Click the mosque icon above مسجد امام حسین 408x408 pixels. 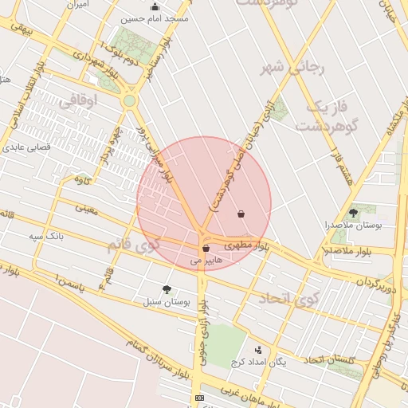coord(155,7)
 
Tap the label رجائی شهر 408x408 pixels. coord(296,69)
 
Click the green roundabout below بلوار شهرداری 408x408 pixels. coord(129,101)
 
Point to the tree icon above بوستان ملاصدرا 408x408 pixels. coord(354,213)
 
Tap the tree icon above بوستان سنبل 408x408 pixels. coord(167,289)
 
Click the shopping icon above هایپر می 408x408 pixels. coord(206,249)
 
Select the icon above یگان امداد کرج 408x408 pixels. coord(258,349)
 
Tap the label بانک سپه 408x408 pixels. coord(45,237)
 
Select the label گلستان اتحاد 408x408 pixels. coord(329,361)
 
